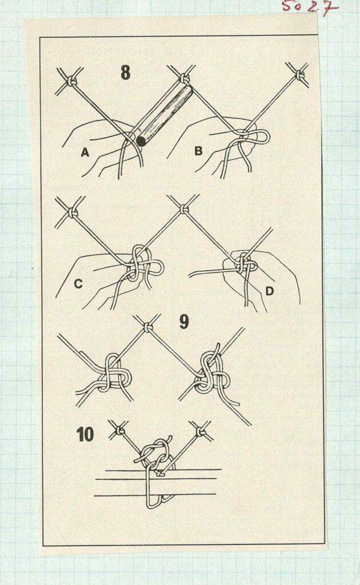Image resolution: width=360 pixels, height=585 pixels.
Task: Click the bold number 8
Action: click(x=126, y=73)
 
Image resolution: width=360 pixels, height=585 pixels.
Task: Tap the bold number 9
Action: click(x=184, y=322)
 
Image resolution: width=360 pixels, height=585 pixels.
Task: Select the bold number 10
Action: click(x=85, y=435)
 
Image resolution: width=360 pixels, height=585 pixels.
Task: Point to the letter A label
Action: click(x=85, y=152)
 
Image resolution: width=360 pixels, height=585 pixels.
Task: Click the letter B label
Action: click(x=198, y=151)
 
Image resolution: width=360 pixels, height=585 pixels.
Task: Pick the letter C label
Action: click(x=78, y=284)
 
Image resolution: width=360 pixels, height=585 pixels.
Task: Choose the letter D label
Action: click(x=269, y=291)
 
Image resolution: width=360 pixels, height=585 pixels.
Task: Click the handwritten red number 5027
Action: click(x=309, y=7)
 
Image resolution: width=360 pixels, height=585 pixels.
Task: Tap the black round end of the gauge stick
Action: click(x=141, y=141)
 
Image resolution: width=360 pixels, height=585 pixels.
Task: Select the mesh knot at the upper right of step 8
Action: click(x=300, y=75)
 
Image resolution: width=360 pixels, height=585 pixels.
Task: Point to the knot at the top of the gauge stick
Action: click(x=184, y=79)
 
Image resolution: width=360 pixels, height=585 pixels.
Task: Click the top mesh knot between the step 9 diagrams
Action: click(x=148, y=327)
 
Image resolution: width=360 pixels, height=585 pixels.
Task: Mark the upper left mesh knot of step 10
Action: click(x=119, y=431)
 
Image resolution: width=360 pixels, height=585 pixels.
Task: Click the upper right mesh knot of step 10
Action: click(x=201, y=432)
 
